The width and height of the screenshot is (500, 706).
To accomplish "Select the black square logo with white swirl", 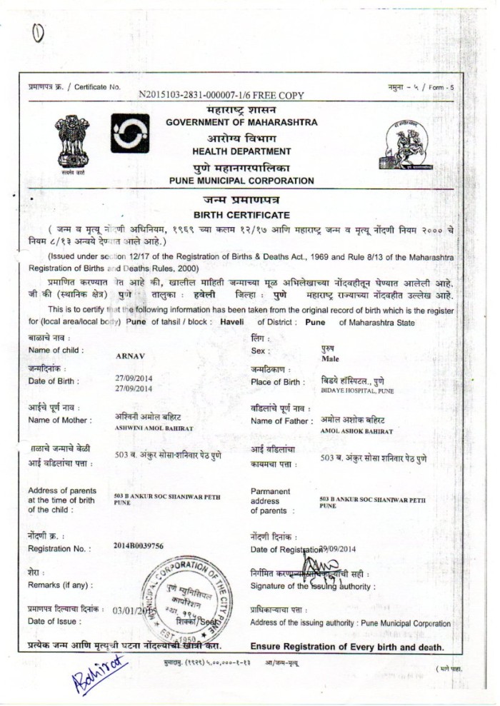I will tap(130, 133).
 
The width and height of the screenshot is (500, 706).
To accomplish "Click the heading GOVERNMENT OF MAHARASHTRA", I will tap(241, 123).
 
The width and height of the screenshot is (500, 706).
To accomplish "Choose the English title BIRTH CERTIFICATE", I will tap(241, 215).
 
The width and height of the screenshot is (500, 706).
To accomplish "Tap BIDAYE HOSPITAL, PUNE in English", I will tap(357, 391).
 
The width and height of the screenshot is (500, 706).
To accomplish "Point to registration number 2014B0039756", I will tap(139, 546).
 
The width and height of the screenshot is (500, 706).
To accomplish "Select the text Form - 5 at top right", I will tap(441, 87).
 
